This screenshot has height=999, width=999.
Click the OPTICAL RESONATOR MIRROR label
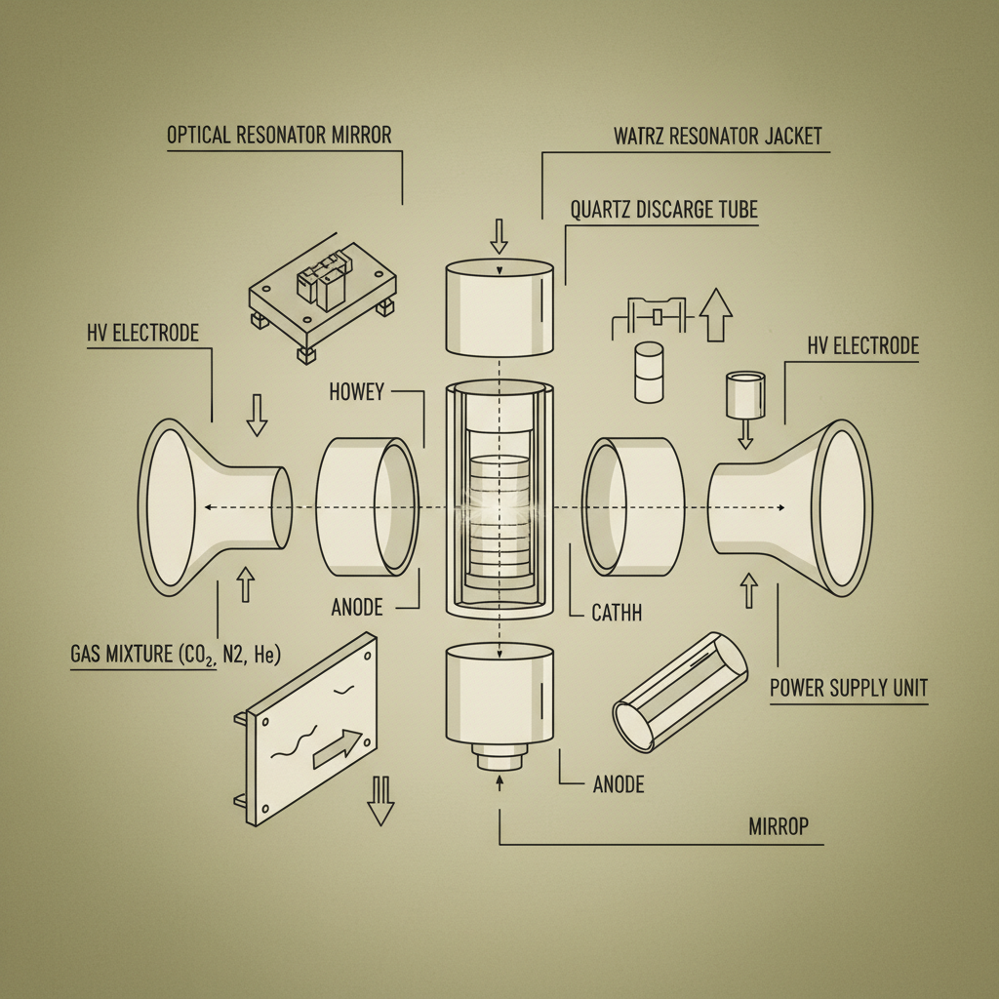pos(279,135)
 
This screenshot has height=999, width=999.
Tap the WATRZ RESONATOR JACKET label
pos(718,136)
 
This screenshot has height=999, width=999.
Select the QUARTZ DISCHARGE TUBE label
pos(662,210)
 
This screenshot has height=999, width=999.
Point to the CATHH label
pos(616,614)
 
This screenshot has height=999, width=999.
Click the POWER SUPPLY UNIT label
pos(848,688)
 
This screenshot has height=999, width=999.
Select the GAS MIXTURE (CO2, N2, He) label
pos(176,655)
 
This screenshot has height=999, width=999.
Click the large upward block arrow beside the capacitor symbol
pos(716,314)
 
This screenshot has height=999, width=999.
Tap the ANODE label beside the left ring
pos(357,607)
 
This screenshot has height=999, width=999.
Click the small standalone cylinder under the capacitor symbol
pos(649,371)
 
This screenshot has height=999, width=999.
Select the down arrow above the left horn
pos(257,415)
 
